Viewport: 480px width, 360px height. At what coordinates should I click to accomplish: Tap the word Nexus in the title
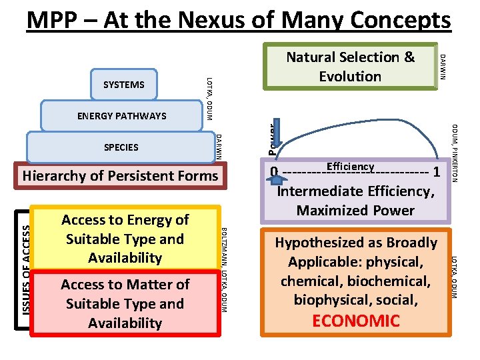(x=215, y=20)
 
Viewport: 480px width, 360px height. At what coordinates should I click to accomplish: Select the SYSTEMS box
(x=123, y=85)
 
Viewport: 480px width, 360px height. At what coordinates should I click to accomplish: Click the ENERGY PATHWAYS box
(x=121, y=116)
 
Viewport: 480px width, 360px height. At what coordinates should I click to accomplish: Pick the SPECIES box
(x=121, y=147)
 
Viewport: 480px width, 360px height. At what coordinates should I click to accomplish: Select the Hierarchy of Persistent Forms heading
(x=120, y=176)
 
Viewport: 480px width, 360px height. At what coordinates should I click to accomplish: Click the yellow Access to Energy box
(x=125, y=239)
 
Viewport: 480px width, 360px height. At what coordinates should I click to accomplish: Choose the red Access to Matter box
(x=125, y=303)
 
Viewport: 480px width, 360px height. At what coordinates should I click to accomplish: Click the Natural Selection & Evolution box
(x=350, y=67)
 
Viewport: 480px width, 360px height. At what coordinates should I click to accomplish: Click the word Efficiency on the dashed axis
(x=350, y=167)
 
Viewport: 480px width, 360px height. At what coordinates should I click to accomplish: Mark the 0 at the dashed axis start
(x=274, y=172)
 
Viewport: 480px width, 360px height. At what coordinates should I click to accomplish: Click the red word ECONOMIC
(x=356, y=321)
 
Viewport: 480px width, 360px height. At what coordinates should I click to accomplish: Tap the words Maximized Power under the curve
(x=355, y=211)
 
